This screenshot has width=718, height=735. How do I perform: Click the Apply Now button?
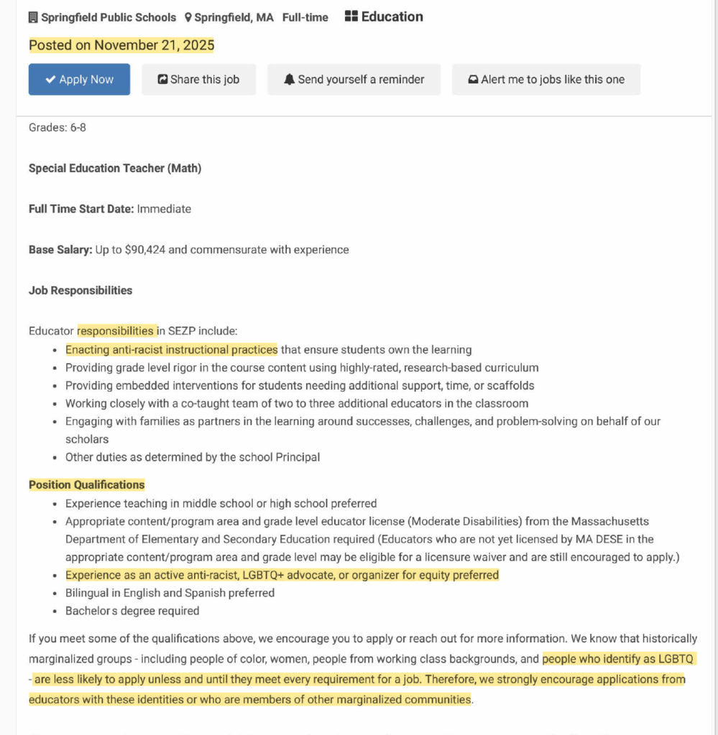pos(79,80)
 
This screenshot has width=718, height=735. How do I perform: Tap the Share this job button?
pos(198,80)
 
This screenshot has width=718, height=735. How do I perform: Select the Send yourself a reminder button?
pos(354,80)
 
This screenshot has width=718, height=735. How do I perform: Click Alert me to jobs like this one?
pos(546,80)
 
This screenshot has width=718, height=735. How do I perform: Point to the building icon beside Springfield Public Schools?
pos(33,17)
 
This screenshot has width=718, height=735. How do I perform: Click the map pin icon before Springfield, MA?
pos(188,17)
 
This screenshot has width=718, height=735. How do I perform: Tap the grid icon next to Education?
pos(351,17)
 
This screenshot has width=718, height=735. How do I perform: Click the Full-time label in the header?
pos(305,17)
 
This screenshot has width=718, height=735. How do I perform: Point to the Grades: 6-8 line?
pos(57,128)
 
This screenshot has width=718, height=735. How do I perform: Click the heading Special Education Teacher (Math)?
pos(115,169)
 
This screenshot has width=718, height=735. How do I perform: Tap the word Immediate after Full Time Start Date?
pos(164,209)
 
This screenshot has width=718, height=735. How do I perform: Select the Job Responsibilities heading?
pos(80,291)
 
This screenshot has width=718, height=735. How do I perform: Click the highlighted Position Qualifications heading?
pos(86,484)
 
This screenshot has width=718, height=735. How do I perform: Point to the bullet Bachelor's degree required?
pos(132,611)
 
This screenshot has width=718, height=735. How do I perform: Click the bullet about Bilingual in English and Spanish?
pos(170,593)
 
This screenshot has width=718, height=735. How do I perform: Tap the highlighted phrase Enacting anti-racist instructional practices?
pos(171,350)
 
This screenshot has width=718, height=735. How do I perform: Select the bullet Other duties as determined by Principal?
pos(193,457)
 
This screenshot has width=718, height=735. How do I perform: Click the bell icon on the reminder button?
pos(290,80)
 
